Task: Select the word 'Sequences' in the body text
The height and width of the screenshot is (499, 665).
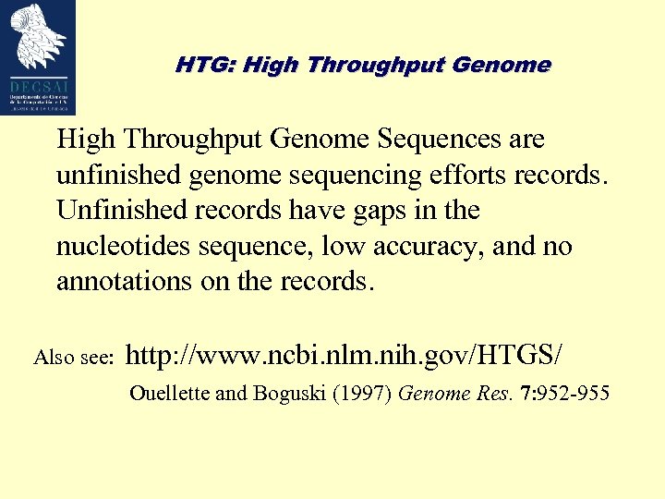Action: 437,140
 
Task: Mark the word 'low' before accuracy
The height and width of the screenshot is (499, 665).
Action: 343,247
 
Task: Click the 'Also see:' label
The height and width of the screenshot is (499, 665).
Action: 72,357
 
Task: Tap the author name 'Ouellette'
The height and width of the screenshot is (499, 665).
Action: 170,394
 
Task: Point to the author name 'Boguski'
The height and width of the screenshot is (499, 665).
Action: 289,394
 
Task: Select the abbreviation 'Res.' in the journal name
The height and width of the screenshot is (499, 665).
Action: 492,394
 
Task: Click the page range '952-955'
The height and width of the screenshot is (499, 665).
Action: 575,394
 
